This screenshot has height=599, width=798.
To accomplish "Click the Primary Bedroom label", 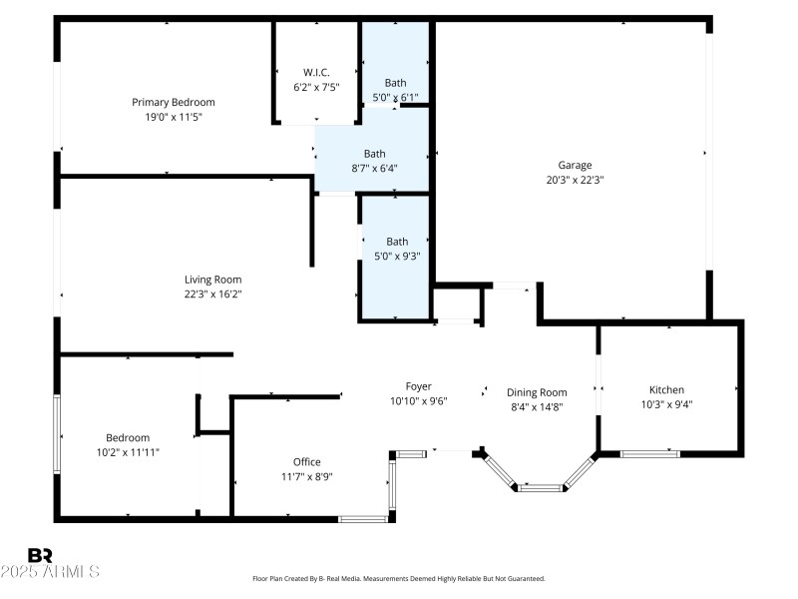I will click(174, 102).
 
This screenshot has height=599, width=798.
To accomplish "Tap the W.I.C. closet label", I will click(316, 72).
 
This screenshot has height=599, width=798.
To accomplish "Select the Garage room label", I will click(575, 166).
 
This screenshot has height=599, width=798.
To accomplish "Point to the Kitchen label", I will click(666, 390).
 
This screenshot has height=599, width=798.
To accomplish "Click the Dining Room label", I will click(537, 392).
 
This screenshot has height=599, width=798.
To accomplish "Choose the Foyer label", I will click(418, 386).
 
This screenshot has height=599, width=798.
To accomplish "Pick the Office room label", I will click(306, 461).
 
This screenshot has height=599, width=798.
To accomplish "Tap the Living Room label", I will click(212, 280).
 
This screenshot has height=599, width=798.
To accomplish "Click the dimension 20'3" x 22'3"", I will click(575, 181).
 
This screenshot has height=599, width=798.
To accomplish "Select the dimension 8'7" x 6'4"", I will click(374, 168).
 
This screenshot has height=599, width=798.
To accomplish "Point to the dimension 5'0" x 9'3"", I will click(397, 256).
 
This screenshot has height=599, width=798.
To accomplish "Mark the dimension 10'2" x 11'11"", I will click(128, 452).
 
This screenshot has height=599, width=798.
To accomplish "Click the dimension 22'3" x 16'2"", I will click(212, 295).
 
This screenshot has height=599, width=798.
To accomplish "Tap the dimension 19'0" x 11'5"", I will click(174, 117).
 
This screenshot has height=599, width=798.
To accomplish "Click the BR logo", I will click(40, 555).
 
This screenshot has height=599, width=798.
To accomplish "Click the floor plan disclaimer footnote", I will click(399, 578).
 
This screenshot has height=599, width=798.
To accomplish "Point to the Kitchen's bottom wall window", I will click(650, 454).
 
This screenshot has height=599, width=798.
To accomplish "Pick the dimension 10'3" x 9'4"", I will click(666, 404).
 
